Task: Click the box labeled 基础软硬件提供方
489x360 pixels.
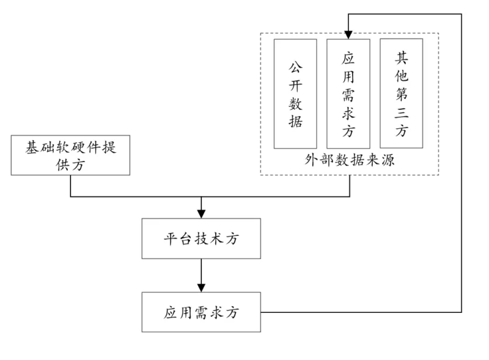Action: click(70, 156)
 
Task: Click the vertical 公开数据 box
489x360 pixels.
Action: click(295, 94)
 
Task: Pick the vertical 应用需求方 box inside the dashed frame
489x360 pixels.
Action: click(348, 94)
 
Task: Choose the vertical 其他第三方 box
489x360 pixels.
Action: click(402, 94)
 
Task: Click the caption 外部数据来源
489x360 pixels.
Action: click(349, 160)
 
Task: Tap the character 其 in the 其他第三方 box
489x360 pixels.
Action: click(402, 58)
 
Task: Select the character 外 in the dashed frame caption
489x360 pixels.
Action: click(311, 160)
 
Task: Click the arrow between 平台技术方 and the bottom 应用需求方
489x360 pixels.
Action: click(201, 274)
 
